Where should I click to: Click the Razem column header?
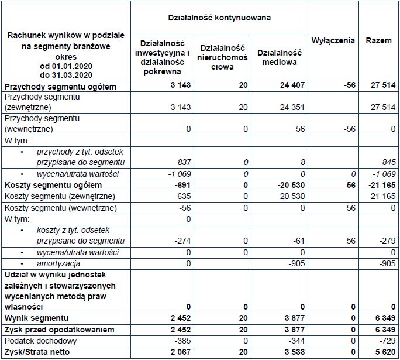tap(378, 40)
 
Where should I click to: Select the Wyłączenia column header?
tap(333, 40)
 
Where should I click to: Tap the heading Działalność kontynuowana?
tap(219, 18)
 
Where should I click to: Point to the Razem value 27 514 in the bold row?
tap(382, 86)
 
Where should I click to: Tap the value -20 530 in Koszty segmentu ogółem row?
tap(286, 185)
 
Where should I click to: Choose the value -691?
tap(181, 185)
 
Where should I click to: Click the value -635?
tap(182, 196)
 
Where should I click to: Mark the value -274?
tap(182, 241)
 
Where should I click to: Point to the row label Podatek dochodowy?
tap(36, 341)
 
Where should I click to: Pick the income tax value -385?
tap(182, 341)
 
